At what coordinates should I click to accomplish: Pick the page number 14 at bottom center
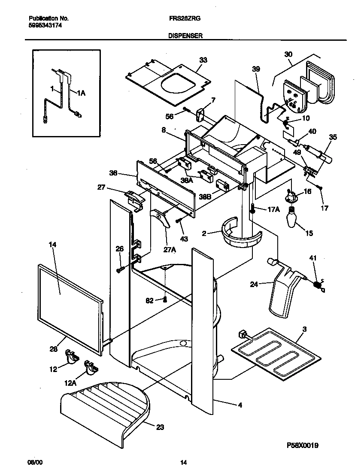pyautogui.click(x=183, y=463)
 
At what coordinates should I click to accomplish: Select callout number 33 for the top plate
pyautogui.click(x=203, y=60)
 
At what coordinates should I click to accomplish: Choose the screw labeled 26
pyautogui.click(x=120, y=269)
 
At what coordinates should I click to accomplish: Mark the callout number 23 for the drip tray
pyautogui.click(x=160, y=427)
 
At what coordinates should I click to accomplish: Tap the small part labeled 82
pyautogui.click(x=164, y=299)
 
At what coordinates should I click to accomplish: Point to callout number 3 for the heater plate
pyautogui.click(x=304, y=329)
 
